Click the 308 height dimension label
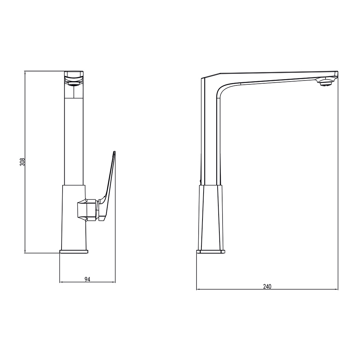[22, 162]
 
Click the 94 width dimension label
[88, 279]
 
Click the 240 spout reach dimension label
[267, 287]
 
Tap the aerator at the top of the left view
[74, 84]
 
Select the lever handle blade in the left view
[108, 184]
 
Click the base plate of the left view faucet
[74, 252]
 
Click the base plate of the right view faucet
[211, 252]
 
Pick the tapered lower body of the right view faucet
[211, 217]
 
